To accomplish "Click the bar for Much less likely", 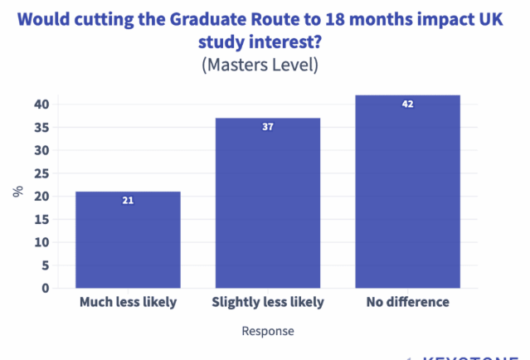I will tap(128, 241).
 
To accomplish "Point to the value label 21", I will tap(128, 200).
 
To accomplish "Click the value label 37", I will tap(267, 127).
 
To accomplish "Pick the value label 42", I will tap(407, 104).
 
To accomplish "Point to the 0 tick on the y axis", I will tap(46, 289).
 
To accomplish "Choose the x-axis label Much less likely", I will tap(128, 302).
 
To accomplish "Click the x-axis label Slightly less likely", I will tap(267, 302).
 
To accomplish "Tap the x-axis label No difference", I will tap(407, 302).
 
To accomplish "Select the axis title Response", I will tap(267, 331).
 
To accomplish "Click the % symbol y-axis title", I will tap(17, 191).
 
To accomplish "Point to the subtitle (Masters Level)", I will tap(260, 65).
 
